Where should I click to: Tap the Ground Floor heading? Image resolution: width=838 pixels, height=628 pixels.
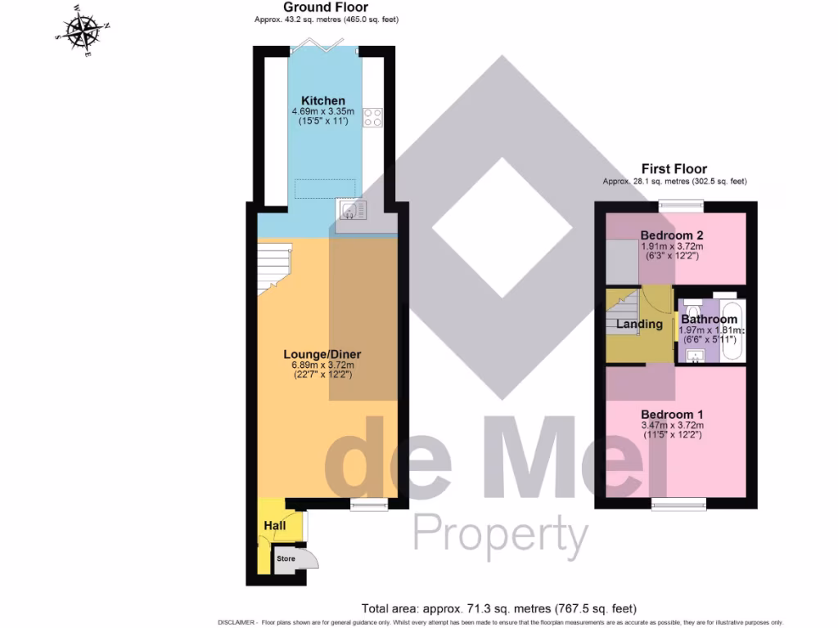(326, 7)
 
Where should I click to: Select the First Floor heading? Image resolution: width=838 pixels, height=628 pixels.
(674, 169)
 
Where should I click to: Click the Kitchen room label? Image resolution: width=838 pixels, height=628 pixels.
(322, 101)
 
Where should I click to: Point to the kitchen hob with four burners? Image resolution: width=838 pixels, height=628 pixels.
(373, 118)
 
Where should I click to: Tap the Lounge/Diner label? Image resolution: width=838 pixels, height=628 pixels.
(322, 354)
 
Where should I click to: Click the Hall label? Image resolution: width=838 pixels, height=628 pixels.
(275, 525)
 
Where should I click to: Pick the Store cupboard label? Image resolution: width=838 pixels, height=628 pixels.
(286, 559)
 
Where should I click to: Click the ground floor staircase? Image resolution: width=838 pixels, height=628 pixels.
(274, 269)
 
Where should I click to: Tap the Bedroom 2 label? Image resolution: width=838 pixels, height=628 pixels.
(672, 235)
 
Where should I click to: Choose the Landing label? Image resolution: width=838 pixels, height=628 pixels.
(639, 324)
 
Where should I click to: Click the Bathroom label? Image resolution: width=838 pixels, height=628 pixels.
(709, 319)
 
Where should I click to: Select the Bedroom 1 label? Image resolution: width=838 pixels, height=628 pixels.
(672, 413)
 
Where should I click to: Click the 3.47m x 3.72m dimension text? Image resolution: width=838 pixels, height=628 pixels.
(672, 424)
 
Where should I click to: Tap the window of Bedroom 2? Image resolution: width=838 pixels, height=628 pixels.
(676, 207)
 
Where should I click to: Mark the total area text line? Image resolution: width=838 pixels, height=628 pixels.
(498, 608)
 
